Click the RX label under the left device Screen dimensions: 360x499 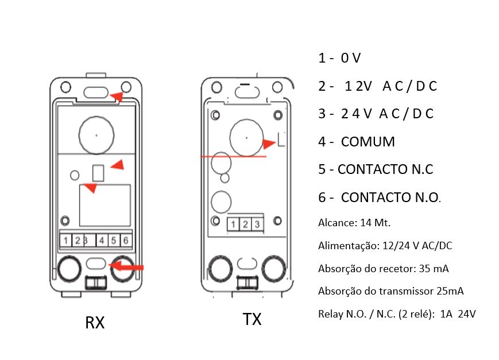(95, 323)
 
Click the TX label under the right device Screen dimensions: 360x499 (252, 319)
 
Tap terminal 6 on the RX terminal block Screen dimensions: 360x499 (126, 241)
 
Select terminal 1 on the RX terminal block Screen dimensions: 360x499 (67, 241)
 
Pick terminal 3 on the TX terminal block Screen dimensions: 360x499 (257, 224)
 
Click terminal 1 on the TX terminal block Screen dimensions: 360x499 (234, 224)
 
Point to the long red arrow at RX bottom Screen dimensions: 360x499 (127, 266)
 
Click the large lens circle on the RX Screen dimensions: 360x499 (96, 134)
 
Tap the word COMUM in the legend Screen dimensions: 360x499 (368, 142)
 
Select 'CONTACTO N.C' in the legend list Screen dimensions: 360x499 (385, 169)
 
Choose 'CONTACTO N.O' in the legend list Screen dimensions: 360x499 (390, 198)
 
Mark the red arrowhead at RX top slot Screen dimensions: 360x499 (117, 96)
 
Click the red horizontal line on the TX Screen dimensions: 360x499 (233, 156)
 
